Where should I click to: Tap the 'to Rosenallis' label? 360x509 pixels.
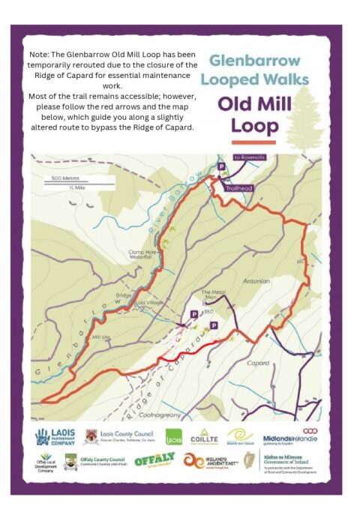[249, 157]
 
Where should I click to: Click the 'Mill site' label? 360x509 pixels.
[100, 337]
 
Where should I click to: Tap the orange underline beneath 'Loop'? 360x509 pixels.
[253, 142]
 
